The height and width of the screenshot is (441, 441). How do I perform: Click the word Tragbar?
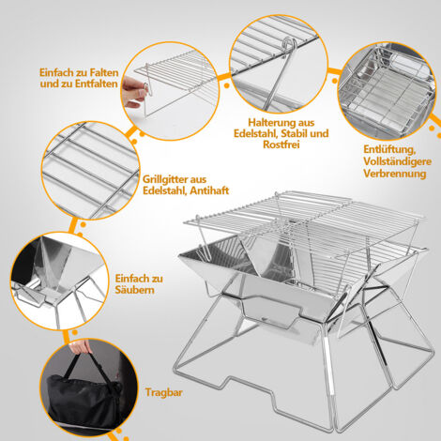click(x=164, y=392)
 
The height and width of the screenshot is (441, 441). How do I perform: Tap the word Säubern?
click(x=134, y=290)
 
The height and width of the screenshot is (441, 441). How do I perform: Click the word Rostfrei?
click(x=281, y=144)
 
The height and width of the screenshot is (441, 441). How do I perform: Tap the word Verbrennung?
click(x=395, y=174)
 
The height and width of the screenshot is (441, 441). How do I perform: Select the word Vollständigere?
click(x=397, y=161)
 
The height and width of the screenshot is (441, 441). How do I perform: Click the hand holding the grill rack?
click(x=134, y=93)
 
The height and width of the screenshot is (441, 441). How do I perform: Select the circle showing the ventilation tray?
click(x=387, y=91)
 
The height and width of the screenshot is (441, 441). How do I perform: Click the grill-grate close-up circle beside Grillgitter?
click(x=90, y=171)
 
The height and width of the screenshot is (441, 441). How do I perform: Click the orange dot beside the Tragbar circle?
click(x=118, y=432)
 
